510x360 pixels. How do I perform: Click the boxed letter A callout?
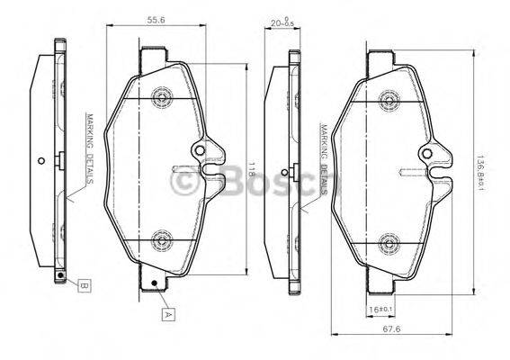click(x=167, y=314)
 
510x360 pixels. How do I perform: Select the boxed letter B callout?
click(x=84, y=286)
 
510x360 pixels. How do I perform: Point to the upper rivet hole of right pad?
click(x=388, y=95)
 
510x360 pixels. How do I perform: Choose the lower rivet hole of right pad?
click(x=388, y=240)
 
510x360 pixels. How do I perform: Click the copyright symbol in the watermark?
click(x=185, y=182)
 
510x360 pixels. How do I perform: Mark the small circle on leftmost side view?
click(x=42, y=162)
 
